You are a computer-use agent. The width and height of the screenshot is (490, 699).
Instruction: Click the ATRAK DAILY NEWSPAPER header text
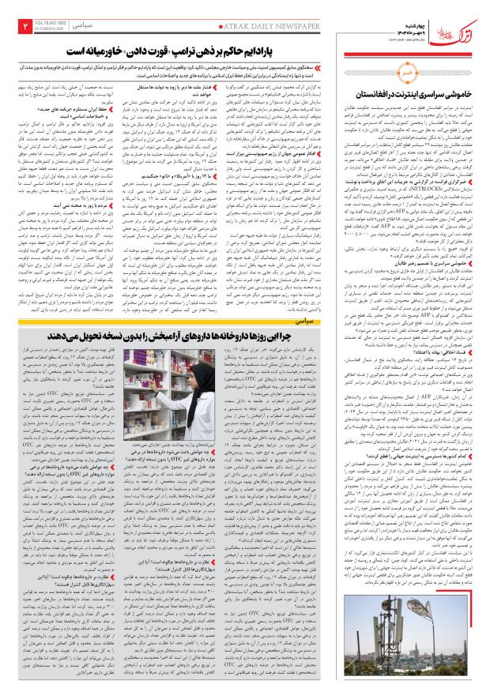[x=170, y=25]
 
